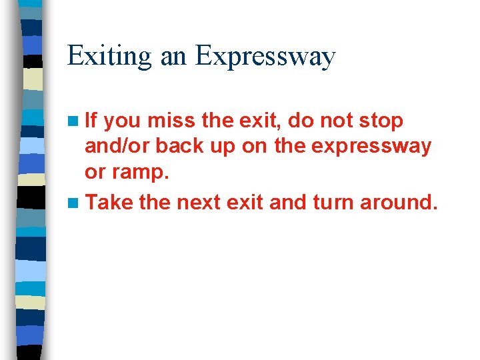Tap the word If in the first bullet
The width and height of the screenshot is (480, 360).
coord(91,121)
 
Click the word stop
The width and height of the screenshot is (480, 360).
coord(381,121)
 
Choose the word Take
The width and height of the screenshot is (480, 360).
coord(109,201)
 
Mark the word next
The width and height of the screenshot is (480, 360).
coord(198,201)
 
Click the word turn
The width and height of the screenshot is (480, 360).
coord(334,201)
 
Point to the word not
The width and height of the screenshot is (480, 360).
coord(336,121)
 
